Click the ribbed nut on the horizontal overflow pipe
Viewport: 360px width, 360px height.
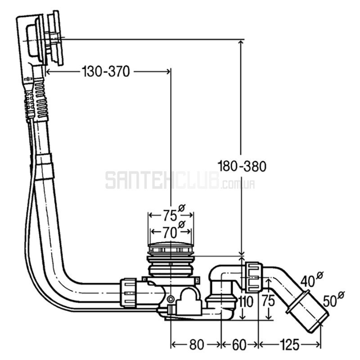point(129,292)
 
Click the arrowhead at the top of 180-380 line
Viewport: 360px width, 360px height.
point(242,43)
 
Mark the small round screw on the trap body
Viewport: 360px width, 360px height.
point(171,299)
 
